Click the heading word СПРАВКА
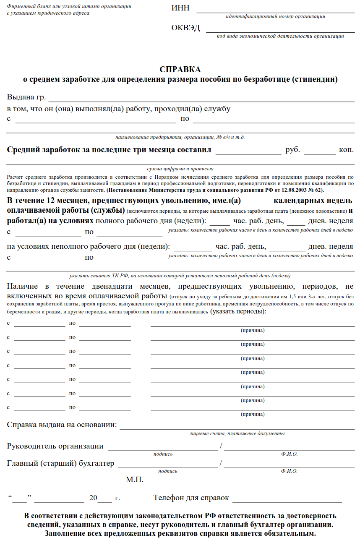(x=180, y=69)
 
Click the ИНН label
(x=180, y=8)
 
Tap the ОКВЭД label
(x=185, y=28)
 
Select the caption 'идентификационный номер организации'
(x=275, y=17)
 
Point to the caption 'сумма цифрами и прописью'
(x=180, y=169)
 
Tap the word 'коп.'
(x=346, y=150)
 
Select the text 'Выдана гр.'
(x=26, y=97)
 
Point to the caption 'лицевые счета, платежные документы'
(x=237, y=433)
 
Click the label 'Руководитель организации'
(x=55, y=446)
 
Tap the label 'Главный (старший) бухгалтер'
(x=60, y=463)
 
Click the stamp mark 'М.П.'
(x=135, y=479)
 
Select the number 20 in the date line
(x=93, y=498)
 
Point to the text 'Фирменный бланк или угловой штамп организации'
(x=69, y=6)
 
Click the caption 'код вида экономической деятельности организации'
(x=280, y=36)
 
